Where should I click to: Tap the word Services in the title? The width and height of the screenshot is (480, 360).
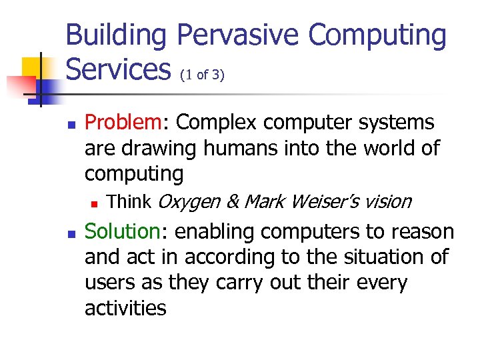point(118,69)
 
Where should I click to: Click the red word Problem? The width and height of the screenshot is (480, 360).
point(123,123)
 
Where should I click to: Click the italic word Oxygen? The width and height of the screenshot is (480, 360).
point(189,201)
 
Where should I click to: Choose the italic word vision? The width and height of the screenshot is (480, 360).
point(388,201)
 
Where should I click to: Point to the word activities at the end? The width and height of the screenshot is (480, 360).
point(125,308)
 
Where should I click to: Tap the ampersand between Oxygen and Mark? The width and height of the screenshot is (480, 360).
point(233,201)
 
